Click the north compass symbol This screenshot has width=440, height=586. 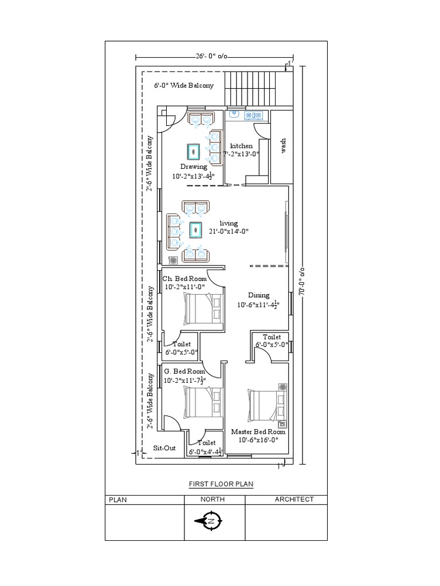(x=211, y=521)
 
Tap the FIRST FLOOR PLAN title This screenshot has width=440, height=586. (x=221, y=484)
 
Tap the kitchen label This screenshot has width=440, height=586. (x=241, y=146)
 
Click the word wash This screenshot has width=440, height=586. (x=283, y=146)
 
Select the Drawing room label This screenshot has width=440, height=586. (x=194, y=167)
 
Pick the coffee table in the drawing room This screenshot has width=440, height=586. (x=194, y=151)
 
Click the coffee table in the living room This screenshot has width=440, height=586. (x=196, y=230)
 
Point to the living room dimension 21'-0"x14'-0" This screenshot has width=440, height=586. (x=229, y=231)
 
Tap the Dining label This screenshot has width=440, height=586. (x=258, y=295)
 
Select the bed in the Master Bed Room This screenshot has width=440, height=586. (x=266, y=407)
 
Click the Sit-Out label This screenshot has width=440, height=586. (x=164, y=448)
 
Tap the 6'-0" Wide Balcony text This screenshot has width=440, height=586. (x=183, y=85)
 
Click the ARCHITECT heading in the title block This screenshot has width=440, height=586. (x=294, y=499)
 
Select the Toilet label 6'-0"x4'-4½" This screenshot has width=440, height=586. (x=206, y=443)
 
